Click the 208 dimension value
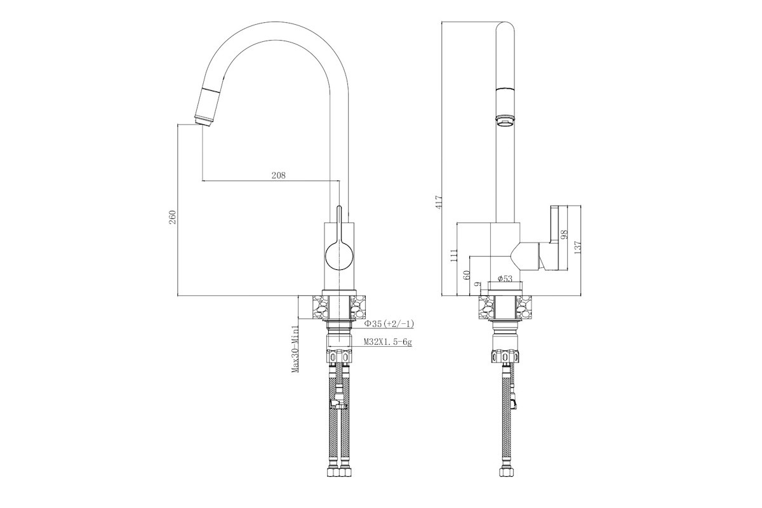[278, 175]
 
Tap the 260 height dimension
[173, 217]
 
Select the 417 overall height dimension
[439, 202]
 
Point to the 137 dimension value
[577, 248]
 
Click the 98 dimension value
[565, 235]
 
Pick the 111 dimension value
[453, 255]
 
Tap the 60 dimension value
[467, 274]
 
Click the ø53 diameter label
[505, 279]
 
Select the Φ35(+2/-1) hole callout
[389, 324]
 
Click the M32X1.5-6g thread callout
[388, 342]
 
